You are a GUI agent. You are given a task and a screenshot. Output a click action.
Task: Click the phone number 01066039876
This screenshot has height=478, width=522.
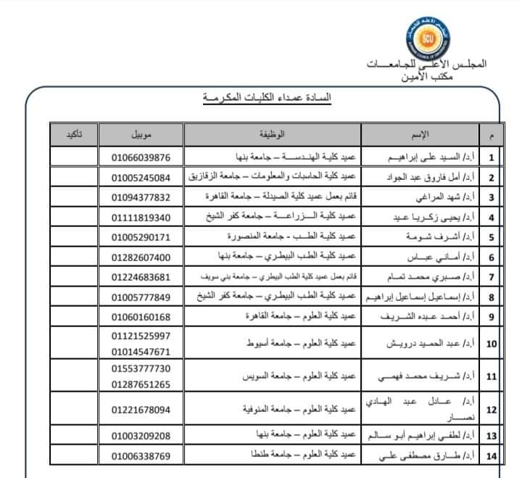pyautogui.click(x=141, y=157)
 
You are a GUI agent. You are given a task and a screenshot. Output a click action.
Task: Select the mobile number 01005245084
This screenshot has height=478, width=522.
pyautogui.click(x=141, y=178)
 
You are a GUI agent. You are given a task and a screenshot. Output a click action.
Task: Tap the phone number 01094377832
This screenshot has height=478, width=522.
pyautogui.click(x=141, y=197)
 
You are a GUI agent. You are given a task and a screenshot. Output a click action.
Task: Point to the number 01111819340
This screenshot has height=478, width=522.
pyautogui.click(x=141, y=218)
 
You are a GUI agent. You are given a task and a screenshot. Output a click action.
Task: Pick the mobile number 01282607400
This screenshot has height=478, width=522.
pyautogui.click(x=141, y=257)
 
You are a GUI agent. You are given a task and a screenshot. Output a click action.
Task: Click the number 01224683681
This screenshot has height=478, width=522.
pyautogui.click(x=141, y=277)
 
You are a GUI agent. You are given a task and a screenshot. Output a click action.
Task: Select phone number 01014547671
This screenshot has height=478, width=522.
pyautogui.click(x=141, y=350)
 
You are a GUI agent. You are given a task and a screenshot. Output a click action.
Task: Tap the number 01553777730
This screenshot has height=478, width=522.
pyautogui.click(x=141, y=369)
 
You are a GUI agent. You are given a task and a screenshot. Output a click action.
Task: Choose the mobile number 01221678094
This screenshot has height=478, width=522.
pyautogui.click(x=141, y=410)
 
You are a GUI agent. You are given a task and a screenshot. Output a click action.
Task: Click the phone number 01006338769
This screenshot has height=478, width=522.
pyautogui.click(x=141, y=456)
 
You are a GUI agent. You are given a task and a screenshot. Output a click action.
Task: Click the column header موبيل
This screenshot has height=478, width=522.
pyautogui.click(x=141, y=135)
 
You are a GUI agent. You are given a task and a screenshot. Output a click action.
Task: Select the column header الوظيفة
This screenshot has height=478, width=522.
pyautogui.click(x=272, y=135)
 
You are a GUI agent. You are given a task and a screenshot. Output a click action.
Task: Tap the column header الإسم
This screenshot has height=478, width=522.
pyautogui.click(x=420, y=135)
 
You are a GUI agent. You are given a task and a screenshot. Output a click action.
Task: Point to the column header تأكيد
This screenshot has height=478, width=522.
pyautogui.click(x=74, y=135)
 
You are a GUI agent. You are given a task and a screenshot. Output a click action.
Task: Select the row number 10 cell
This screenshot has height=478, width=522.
pyautogui.click(x=492, y=343)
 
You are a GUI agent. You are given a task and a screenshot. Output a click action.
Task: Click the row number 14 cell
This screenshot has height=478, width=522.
pyautogui.click(x=492, y=456)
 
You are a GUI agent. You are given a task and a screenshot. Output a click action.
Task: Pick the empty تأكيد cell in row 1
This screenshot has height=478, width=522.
pyautogui.click(x=74, y=157)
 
